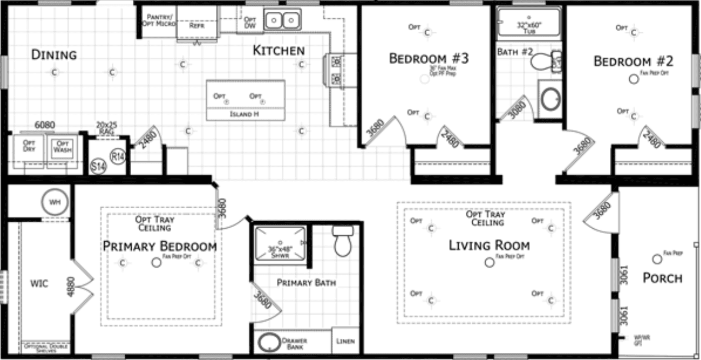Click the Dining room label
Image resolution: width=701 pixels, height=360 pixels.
pyautogui.click(x=54, y=55)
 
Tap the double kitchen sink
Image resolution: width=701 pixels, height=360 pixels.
pyautogui.click(x=282, y=21)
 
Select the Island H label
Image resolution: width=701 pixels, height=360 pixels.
pyautogui.click(x=245, y=114)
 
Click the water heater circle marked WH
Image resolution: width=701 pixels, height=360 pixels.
pyautogui.click(x=55, y=203)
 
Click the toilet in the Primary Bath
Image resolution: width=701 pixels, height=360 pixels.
pyautogui.click(x=342, y=242)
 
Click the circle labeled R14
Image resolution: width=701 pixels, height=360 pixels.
pyautogui.click(x=118, y=156)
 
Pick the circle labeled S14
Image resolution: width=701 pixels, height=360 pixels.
pyautogui.click(x=98, y=167)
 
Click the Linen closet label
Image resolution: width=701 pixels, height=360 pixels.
pyautogui.click(x=345, y=341)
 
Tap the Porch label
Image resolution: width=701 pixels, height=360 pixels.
pyautogui.click(x=662, y=278)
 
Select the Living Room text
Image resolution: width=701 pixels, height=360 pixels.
pyautogui.click(x=489, y=245)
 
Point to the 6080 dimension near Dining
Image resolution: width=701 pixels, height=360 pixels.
pyautogui.click(x=45, y=125)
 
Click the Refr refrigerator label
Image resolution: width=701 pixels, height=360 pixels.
pyautogui.click(x=197, y=26)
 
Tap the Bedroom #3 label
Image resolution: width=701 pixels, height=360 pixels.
pyautogui.click(x=428, y=59)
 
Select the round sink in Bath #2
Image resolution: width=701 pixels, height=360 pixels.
pyautogui.click(x=551, y=99)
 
